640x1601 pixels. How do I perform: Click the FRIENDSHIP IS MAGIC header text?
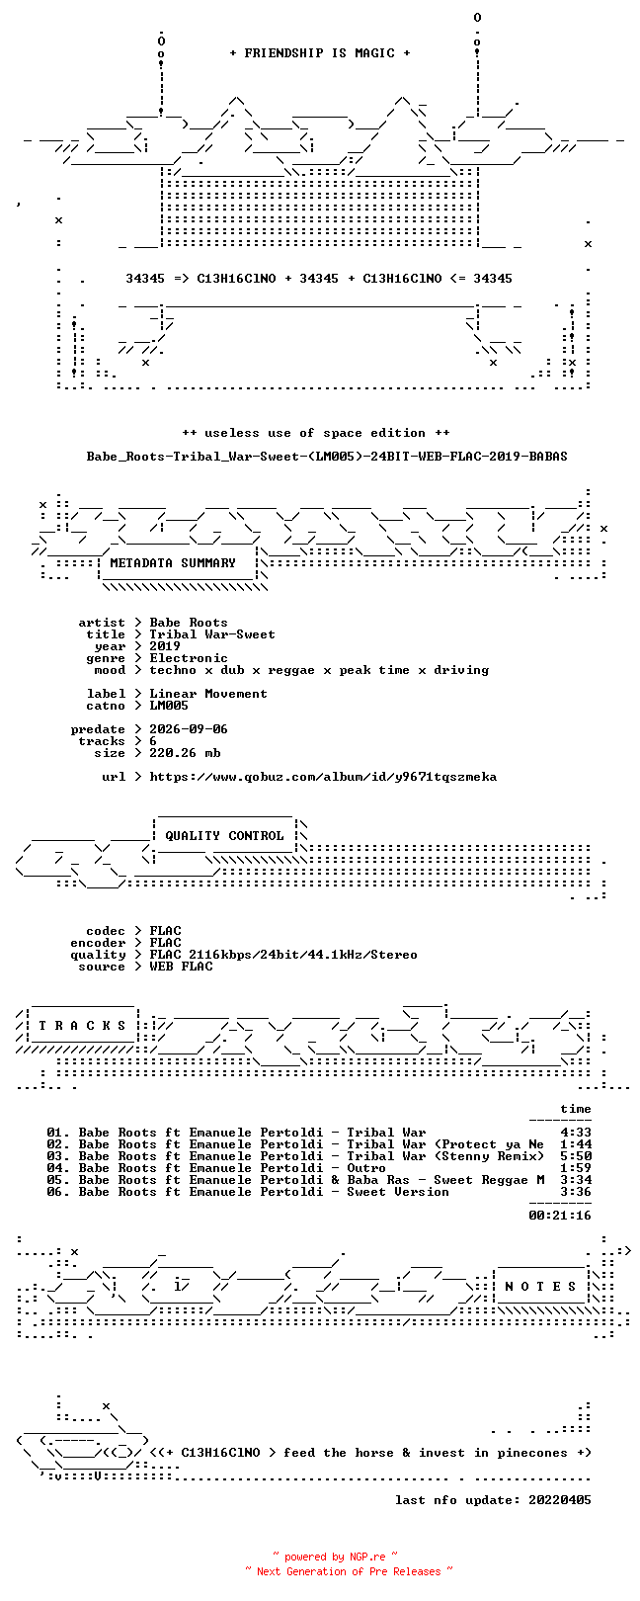tap(319, 53)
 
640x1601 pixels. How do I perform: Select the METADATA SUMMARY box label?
tap(172, 563)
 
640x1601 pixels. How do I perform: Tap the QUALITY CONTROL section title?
tap(224, 836)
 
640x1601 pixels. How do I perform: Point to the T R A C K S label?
tap(82, 1026)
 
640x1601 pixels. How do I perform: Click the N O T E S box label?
tap(540, 1287)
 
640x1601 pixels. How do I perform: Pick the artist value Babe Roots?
tap(189, 623)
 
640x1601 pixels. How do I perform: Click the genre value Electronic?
tap(189, 658)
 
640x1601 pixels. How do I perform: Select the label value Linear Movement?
tap(207, 694)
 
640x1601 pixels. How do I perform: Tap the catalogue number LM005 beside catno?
tap(169, 706)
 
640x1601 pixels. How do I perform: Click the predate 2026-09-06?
tap(189, 729)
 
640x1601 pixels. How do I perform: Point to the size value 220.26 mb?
tap(185, 753)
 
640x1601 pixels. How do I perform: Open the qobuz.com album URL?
tap(323, 777)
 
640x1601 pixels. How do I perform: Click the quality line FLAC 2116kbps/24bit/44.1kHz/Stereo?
tap(282, 955)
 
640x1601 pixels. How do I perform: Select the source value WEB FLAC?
tap(181, 967)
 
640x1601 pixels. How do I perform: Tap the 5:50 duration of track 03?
tap(576, 1156)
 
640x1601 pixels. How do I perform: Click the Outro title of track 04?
tap(366, 1168)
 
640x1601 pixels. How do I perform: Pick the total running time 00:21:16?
tap(560, 1216)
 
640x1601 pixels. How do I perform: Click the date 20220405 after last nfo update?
tap(560, 1500)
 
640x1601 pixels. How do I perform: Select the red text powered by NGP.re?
tap(335, 1557)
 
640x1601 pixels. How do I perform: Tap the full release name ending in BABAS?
tap(327, 457)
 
